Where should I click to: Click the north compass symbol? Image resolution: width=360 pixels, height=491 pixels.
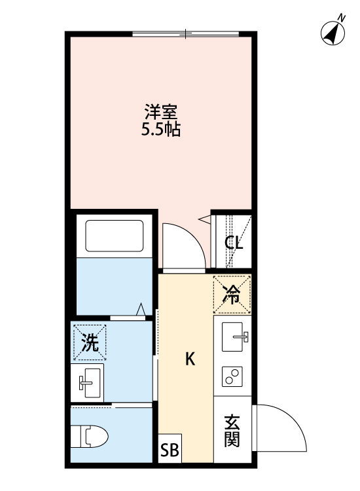tap(334, 32)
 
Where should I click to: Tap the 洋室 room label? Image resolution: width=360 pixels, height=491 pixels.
tap(161, 111)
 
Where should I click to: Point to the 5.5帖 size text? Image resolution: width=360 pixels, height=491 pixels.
tap(161, 129)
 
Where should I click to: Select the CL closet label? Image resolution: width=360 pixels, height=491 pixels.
tap(234, 244)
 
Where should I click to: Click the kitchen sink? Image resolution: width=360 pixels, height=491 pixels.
tap(235, 338)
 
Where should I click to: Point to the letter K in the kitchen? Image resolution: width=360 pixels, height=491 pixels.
tap(190, 359)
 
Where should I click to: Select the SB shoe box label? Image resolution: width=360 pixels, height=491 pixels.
tap(169, 451)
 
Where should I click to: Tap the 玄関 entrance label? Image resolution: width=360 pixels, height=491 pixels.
tap(232, 431)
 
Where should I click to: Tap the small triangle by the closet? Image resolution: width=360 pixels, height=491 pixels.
tap(204, 217)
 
